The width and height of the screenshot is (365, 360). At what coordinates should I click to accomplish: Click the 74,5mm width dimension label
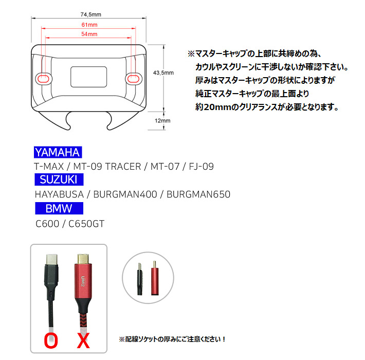(91, 14)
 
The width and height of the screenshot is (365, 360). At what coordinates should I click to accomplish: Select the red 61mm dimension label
(89, 25)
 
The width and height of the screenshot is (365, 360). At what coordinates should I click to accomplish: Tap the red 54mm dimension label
(89, 34)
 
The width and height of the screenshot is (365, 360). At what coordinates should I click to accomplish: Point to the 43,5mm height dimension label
(163, 73)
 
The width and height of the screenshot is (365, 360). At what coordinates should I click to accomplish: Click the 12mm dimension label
(162, 121)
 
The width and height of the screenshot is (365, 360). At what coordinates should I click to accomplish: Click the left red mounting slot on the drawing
(43, 79)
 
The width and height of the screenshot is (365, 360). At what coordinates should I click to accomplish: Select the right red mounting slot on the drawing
(133, 79)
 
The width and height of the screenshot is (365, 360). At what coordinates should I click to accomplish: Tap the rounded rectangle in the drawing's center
(89, 77)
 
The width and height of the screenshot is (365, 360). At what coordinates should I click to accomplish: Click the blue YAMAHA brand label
(58, 152)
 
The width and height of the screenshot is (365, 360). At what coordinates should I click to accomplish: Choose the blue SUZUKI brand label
(59, 179)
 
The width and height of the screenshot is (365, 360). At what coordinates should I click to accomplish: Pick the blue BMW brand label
(59, 208)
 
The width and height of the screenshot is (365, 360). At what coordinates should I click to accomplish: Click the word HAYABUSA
(59, 194)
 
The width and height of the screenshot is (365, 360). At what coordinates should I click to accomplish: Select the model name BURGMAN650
(198, 194)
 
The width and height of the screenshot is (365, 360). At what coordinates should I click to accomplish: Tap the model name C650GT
(86, 224)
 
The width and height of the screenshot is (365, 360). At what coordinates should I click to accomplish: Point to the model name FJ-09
(201, 167)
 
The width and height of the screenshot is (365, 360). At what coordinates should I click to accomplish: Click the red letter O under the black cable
(51, 340)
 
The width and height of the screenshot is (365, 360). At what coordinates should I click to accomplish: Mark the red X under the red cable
(83, 340)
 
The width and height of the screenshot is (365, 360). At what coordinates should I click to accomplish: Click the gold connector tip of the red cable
(83, 259)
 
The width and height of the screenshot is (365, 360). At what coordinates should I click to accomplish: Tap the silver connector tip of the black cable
(51, 259)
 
